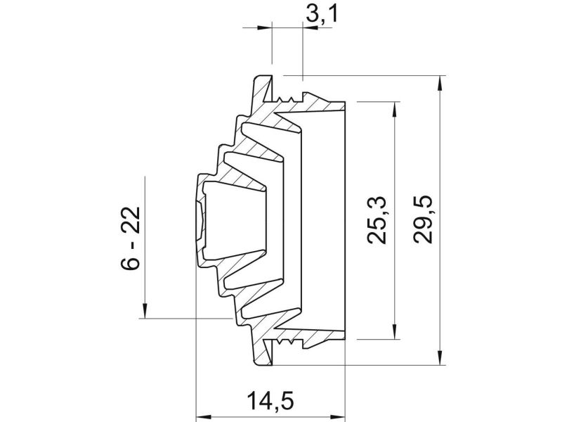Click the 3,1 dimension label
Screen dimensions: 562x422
tap(322, 15)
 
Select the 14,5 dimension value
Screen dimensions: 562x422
tap(270, 401)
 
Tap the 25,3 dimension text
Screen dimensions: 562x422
tap(377, 220)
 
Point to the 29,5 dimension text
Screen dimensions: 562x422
tap(423, 219)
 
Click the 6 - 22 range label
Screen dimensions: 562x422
tap(130, 238)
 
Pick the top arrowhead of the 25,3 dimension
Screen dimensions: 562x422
tap(395, 110)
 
